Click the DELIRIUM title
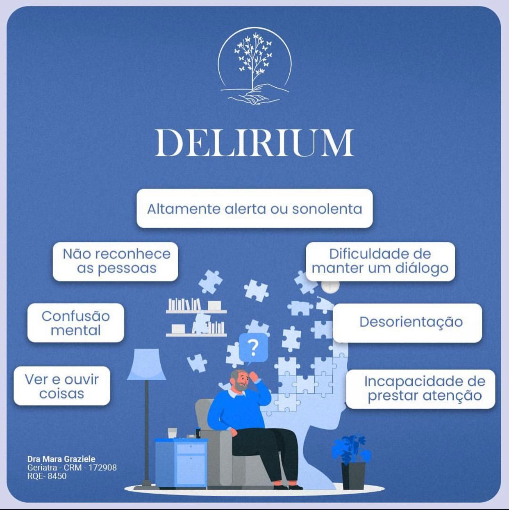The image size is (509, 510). click(x=254, y=143)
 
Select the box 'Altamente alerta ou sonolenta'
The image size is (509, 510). click(x=254, y=209)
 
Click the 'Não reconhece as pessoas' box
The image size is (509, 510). click(x=116, y=261)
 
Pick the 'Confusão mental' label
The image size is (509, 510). click(x=76, y=323)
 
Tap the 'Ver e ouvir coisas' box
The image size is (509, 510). click(x=62, y=386)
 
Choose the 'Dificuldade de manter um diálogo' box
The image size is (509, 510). click(x=380, y=261)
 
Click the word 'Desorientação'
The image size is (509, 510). click(x=411, y=322)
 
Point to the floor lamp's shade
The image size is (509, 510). click(x=146, y=364)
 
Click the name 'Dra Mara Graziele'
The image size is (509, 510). click(x=61, y=459)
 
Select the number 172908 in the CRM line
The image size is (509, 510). click(x=102, y=467)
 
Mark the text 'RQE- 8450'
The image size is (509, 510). click(x=47, y=476)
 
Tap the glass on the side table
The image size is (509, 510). click(x=172, y=433)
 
